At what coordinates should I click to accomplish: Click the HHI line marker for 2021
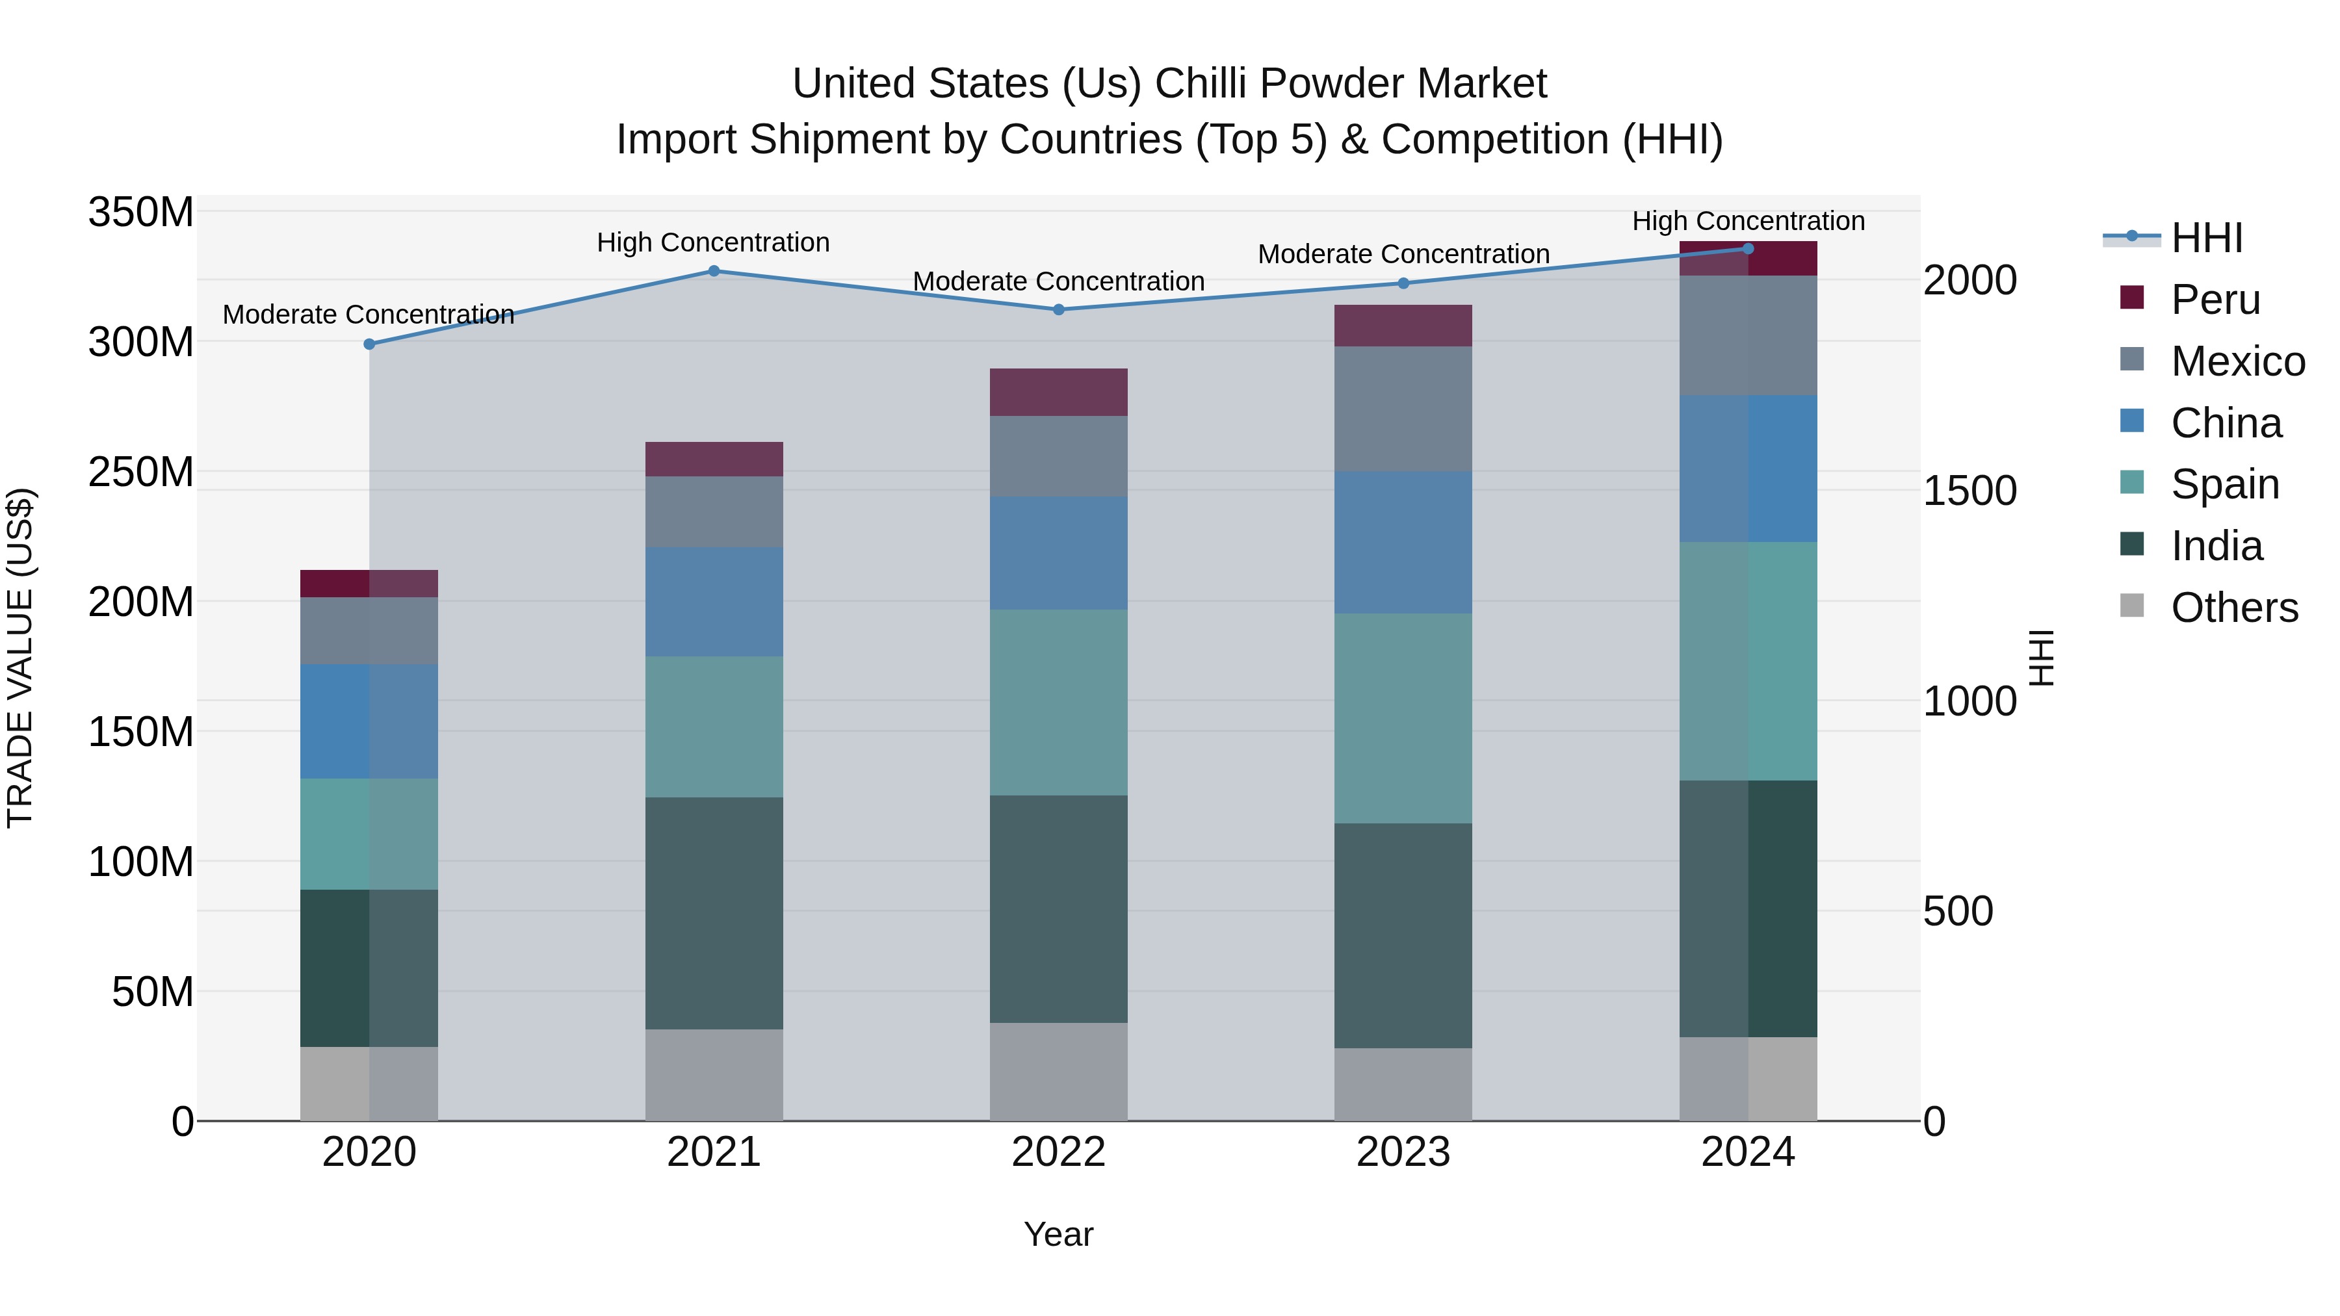(x=713, y=270)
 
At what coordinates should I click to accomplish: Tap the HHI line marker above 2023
(x=1403, y=283)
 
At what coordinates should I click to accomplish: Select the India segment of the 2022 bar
(x=1058, y=909)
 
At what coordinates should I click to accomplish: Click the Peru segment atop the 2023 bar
(x=1403, y=325)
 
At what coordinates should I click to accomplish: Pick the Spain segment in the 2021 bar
(x=713, y=727)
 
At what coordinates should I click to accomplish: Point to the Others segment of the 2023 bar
(x=1403, y=1085)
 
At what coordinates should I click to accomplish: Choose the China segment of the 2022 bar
(x=1058, y=552)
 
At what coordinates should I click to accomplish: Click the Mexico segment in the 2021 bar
(x=713, y=511)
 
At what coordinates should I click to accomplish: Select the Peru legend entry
(x=2215, y=300)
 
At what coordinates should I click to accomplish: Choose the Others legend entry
(x=2233, y=608)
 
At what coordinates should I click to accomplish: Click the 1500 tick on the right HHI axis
(x=1969, y=491)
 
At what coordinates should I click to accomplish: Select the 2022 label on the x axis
(x=1058, y=1152)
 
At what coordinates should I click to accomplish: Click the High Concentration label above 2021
(x=713, y=242)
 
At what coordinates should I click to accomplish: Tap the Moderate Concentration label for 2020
(x=368, y=315)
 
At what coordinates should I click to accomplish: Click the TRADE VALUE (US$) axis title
(x=20, y=658)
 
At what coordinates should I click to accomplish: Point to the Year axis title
(x=1058, y=1234)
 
